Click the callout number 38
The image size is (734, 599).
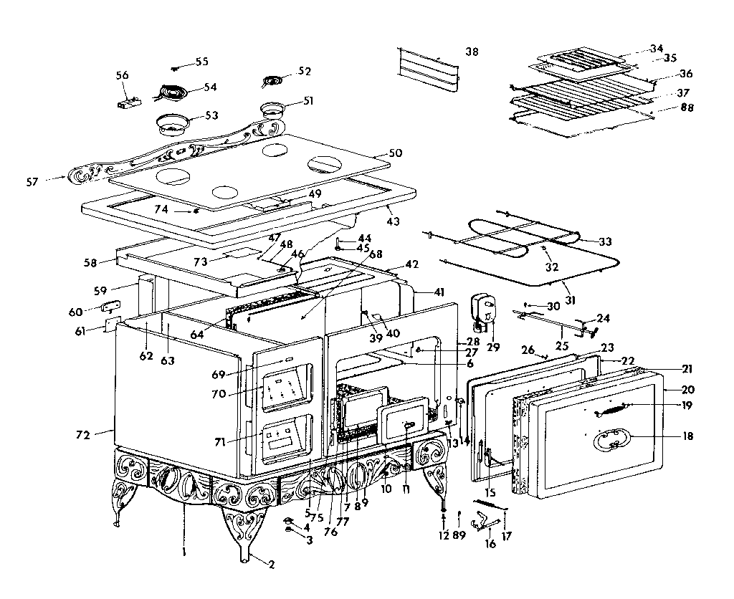[x=471, y=52]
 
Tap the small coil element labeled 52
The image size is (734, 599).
[x=272, y=81]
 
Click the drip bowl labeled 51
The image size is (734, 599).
[x=272, y=110]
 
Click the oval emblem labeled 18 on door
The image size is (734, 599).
[x=609, y=439]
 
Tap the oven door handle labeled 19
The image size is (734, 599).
[x=609, y=410]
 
